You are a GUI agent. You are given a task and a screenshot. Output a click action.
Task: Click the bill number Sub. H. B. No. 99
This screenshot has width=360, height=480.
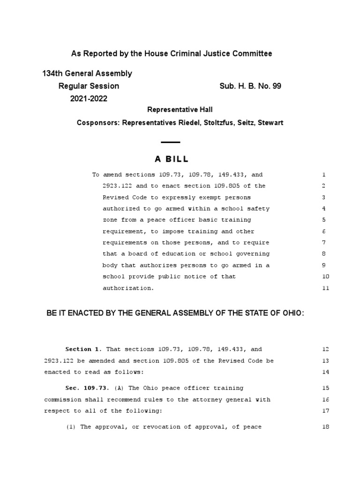tap(250, 86)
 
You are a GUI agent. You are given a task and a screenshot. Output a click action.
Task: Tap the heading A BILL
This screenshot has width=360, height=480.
tap(171, 159)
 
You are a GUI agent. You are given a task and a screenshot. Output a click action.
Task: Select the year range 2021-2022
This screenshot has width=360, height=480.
tap(89, 98)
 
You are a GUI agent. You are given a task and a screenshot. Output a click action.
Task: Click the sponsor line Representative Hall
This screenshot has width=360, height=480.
tap(180, 110)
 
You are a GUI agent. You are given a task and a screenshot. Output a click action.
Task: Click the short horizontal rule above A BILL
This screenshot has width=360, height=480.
tap(170, 142)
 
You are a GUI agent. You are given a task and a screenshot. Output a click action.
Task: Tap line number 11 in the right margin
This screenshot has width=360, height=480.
tap(326, 288)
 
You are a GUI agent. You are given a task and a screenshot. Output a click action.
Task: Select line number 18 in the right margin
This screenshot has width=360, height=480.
tap(326, 427)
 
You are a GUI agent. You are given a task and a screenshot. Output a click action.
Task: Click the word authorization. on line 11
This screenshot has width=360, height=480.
tap(128, 288)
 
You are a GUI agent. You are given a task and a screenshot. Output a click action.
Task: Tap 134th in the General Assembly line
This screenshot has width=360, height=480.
tap(52, 74)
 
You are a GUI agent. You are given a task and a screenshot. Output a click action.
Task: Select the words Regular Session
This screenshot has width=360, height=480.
tap(89, 86)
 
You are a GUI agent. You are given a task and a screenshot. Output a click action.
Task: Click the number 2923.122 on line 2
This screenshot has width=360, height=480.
tap(118, 186)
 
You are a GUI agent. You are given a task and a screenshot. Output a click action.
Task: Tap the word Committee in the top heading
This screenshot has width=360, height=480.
tap(253, 54)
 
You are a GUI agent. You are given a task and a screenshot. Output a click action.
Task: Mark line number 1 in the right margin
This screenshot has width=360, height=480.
tap(324, 175)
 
